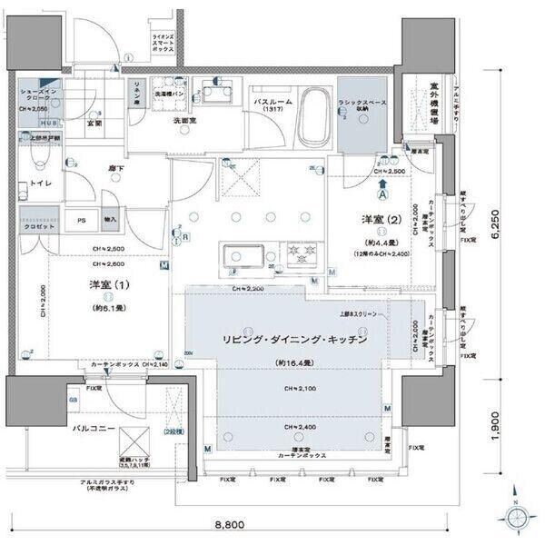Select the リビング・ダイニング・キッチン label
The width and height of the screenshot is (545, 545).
[294, 339]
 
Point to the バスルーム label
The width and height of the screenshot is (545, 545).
[273, 103]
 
